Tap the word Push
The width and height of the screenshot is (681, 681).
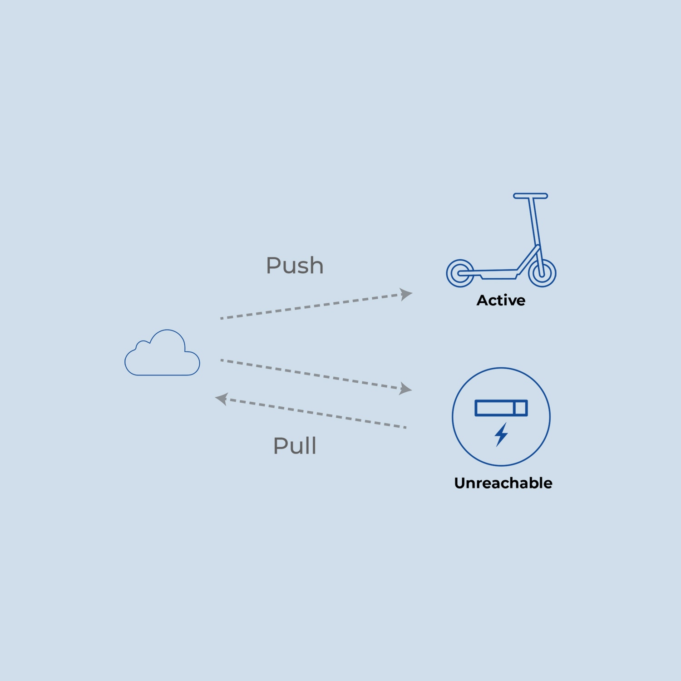click(x=295, y=266)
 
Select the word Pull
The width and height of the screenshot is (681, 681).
click(x=295, y=446)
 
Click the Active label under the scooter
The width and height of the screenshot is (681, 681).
click(x=501, y=301)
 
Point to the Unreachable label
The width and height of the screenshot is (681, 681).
click(x=503, y=483)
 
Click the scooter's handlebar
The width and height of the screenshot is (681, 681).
click(x=530, y=196)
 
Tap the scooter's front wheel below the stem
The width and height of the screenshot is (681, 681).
click(x=542, y=273)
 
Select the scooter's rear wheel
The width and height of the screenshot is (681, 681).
click(x=460, y=273)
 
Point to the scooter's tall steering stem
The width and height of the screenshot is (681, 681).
click(x=535, y=227)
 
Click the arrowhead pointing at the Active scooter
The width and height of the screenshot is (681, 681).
click(x=405, y=294)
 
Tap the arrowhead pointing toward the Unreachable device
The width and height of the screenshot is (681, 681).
click(x=405, y=389)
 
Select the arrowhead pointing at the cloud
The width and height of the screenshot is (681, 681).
click(x=222, y=399)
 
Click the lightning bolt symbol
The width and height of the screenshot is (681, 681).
click(x=501, y=434)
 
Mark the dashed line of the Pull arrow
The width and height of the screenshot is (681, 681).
click(x=318, y=414)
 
